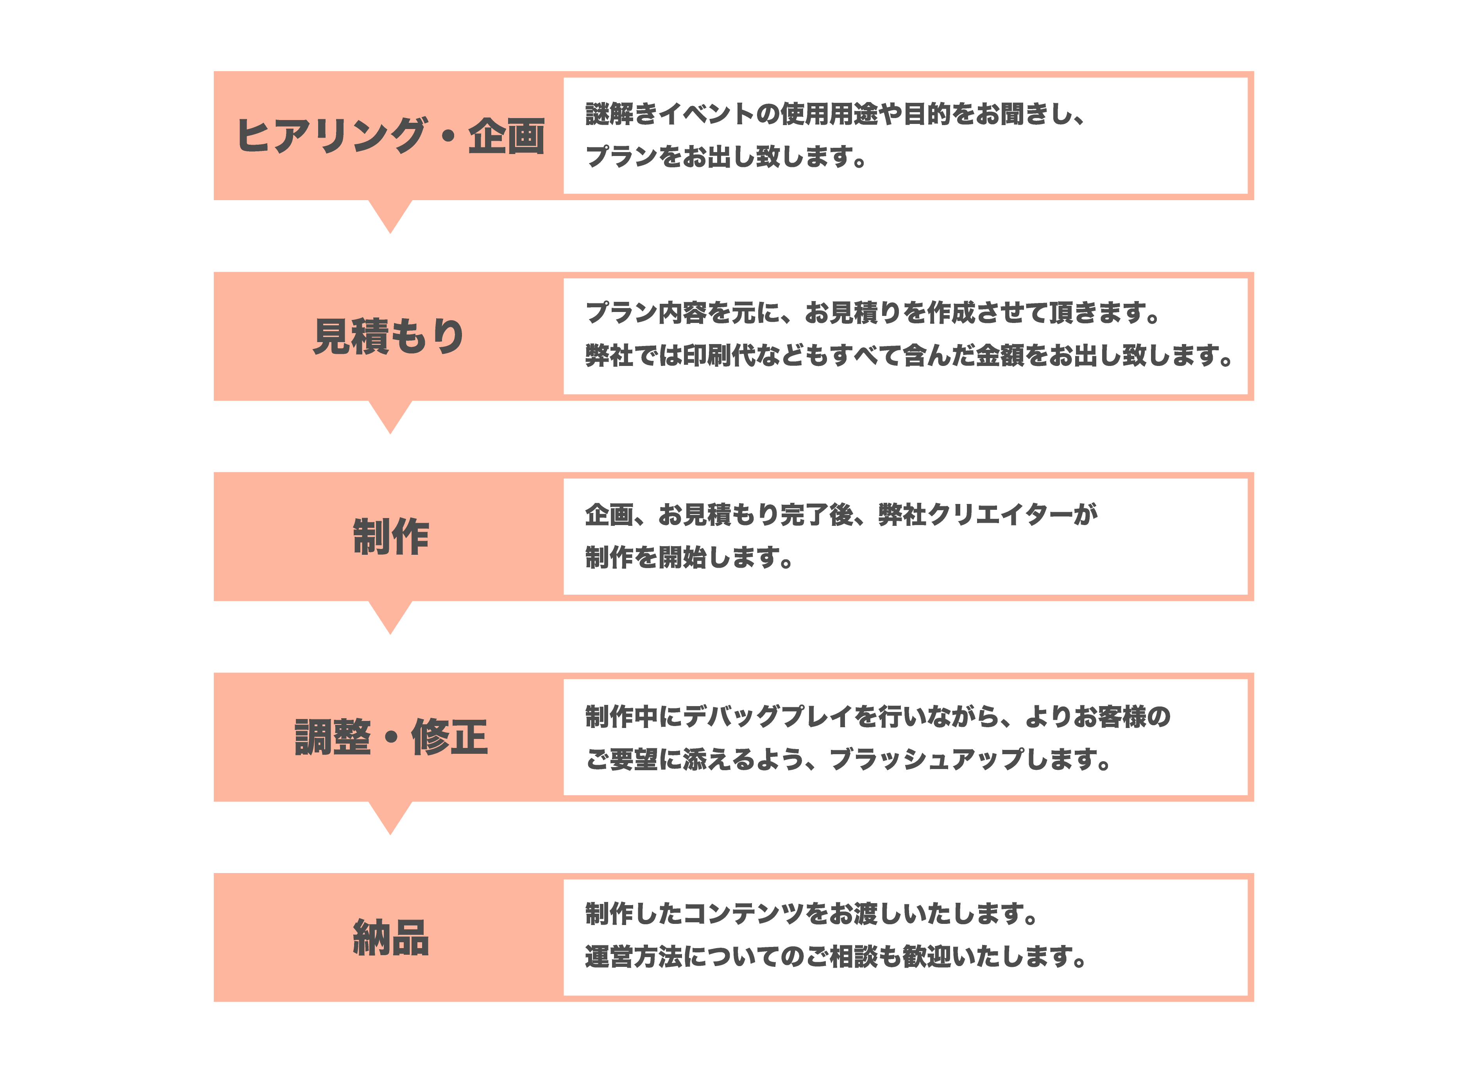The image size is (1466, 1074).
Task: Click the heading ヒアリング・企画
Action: [x=390, y=136]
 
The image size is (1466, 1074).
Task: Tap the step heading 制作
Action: [x=390, y=537]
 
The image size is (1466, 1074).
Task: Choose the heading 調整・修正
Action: [x=390, y=737]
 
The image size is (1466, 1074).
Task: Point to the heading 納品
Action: [x=390, y=938]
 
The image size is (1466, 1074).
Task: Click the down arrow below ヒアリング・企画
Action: [x=390, y=215]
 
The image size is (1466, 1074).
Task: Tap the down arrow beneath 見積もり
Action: [x=390, y=415]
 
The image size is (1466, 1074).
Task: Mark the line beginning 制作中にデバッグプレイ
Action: [x=877, y=716]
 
